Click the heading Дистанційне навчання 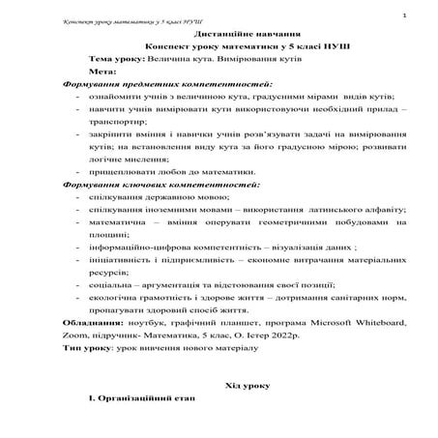point(219,33)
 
